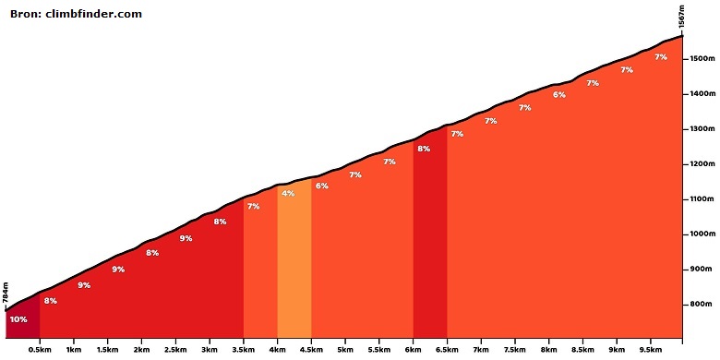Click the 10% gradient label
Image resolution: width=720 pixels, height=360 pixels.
(18, 319)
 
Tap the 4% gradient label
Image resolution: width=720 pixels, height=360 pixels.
(288, 193)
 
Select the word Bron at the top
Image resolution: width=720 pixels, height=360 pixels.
(26, 14)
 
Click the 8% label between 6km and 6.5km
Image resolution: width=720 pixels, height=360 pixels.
(424, 149)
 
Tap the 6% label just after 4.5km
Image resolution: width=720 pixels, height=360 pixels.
(321, 186)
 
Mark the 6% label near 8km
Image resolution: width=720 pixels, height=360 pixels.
(558, 95)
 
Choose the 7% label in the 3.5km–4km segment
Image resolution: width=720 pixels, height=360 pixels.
(253, 206)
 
